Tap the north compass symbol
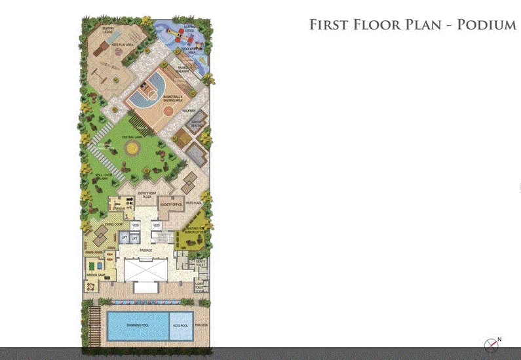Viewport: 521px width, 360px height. [x=490, y=344]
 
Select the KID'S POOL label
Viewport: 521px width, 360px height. [x=180, y=326]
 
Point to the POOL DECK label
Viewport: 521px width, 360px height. [x=201, y=326]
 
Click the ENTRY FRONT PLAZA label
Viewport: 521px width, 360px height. [x=147, y=194]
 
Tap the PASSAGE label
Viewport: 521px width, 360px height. [x=146, y=250]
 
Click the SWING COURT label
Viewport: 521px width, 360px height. [x=96, y=223]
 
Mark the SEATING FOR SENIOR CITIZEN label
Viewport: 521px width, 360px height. [x=195, y=228]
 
